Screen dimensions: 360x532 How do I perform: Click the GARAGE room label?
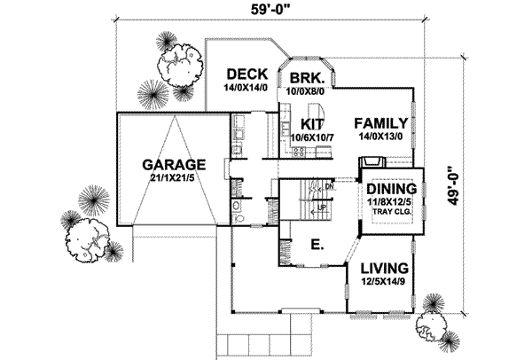(175, 164)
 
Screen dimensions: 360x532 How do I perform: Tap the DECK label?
(242, 74)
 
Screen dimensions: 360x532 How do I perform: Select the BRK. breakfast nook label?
(306, 78)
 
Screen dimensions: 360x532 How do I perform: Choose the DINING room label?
(392, 190)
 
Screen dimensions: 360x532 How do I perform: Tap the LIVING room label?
(384, 268)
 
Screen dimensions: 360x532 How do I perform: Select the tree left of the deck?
(177, 67)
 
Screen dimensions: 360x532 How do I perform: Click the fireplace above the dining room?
(371, 162)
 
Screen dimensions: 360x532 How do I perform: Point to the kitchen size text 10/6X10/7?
(309, 137)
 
